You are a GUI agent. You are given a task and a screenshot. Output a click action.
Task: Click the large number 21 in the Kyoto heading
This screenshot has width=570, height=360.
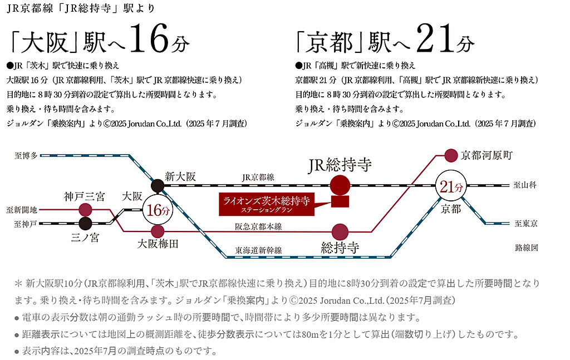pos(434,38)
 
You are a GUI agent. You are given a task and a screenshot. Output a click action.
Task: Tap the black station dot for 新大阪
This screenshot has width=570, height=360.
pos(158,186)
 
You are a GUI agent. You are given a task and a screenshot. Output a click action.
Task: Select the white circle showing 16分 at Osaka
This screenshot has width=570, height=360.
pos(158,210)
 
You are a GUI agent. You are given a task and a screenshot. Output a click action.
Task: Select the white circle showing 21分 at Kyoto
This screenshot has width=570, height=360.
pos(451,186)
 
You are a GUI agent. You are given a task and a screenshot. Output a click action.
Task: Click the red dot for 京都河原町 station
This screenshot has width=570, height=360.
pos(451,155)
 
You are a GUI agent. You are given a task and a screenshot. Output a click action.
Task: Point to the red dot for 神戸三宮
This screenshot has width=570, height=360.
pos(85,210)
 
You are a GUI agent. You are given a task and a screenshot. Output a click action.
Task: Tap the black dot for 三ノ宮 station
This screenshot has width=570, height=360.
pos(85,224)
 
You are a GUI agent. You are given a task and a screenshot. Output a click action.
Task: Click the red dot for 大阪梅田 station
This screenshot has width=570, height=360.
pos(158,231)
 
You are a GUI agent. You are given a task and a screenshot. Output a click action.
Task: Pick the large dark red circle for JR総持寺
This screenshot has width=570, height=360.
pos(340,185)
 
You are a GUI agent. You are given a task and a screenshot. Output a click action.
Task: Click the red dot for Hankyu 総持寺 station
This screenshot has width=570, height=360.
pos(340,232)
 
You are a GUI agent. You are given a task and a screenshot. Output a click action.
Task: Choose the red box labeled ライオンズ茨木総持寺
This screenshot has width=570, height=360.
pos(267,204)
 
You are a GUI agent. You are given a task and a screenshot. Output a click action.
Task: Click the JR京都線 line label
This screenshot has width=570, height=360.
pos(258,177)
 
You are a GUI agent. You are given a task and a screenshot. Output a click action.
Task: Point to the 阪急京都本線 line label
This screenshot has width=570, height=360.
pos(258,226)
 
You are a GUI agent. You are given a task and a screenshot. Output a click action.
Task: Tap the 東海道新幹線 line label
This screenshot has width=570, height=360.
pos(258,250)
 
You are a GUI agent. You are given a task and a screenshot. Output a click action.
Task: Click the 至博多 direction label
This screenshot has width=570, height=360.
pos(26,156)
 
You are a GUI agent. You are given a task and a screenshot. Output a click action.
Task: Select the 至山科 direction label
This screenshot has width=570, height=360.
pos(525,185)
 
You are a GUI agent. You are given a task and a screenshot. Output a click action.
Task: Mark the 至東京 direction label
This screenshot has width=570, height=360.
pos(525,224)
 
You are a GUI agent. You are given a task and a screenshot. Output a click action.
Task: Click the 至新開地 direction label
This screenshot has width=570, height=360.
pos(22,210)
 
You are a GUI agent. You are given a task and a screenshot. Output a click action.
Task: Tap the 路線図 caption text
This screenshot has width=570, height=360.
pos(527,248)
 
